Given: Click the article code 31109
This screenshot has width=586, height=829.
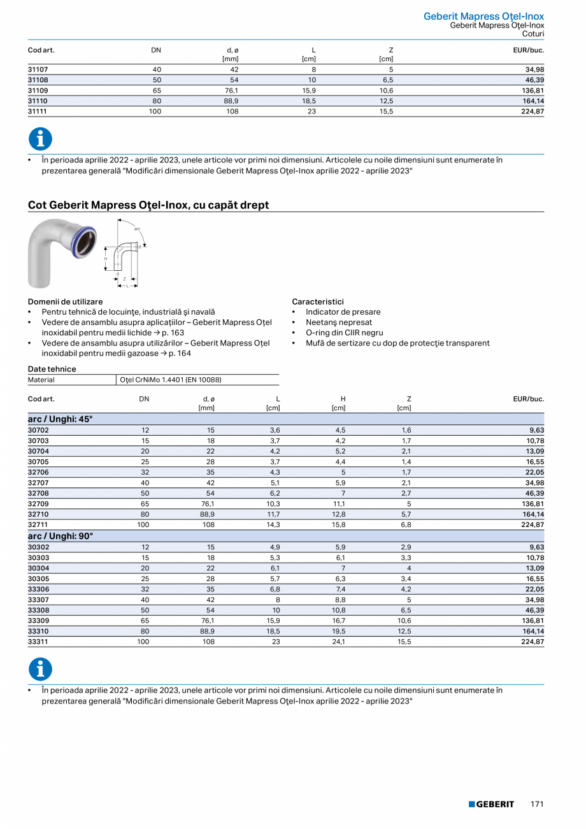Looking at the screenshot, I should [38, 90].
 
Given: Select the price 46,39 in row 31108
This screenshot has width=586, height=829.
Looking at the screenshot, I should [532, 80].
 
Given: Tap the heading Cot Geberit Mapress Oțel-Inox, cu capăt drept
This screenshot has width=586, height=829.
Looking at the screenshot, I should [148, 205].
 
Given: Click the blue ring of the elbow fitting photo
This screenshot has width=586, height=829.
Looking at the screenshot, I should [83, 238].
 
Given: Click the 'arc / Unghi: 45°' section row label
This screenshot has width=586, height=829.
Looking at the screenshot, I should [61, 419].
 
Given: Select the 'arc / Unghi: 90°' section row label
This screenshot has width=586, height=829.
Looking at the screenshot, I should [61, 536].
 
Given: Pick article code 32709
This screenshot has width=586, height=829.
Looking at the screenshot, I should [38, 503].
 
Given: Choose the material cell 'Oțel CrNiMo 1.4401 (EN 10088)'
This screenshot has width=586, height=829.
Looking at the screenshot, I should [170, 380].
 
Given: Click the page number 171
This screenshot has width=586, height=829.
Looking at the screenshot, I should [537, 804].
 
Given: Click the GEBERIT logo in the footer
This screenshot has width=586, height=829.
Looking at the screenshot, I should [491, 804].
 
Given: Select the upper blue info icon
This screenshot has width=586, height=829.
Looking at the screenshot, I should [40, 139].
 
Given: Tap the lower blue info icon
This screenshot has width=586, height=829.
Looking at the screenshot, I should [40, 669].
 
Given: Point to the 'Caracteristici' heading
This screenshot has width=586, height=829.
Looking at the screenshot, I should [318, 301].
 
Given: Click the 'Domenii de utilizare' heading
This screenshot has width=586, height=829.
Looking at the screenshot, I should [65, 301].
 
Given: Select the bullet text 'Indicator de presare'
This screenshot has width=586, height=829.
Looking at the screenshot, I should [343, 312].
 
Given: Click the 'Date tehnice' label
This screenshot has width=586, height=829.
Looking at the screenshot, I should [52, 369].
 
